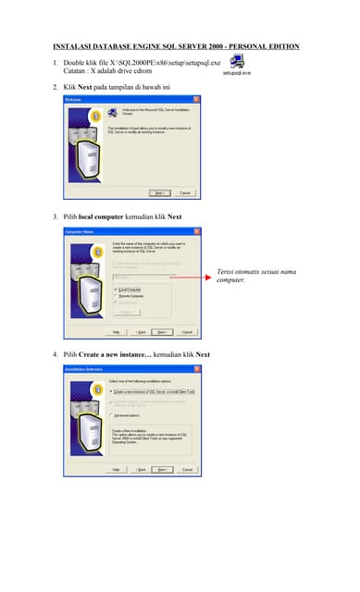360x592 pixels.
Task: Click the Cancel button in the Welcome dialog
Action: pos(185,192)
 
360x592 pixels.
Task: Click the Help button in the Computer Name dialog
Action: pos(117,331)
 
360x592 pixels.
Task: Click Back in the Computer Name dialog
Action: pos(141,331)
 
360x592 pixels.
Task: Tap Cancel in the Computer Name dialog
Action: pos(186,331)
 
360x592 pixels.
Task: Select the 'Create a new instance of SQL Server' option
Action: pos(112,390)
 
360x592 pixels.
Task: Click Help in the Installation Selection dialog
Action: pos(117,469)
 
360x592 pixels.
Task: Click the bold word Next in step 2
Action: pos(84,85)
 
